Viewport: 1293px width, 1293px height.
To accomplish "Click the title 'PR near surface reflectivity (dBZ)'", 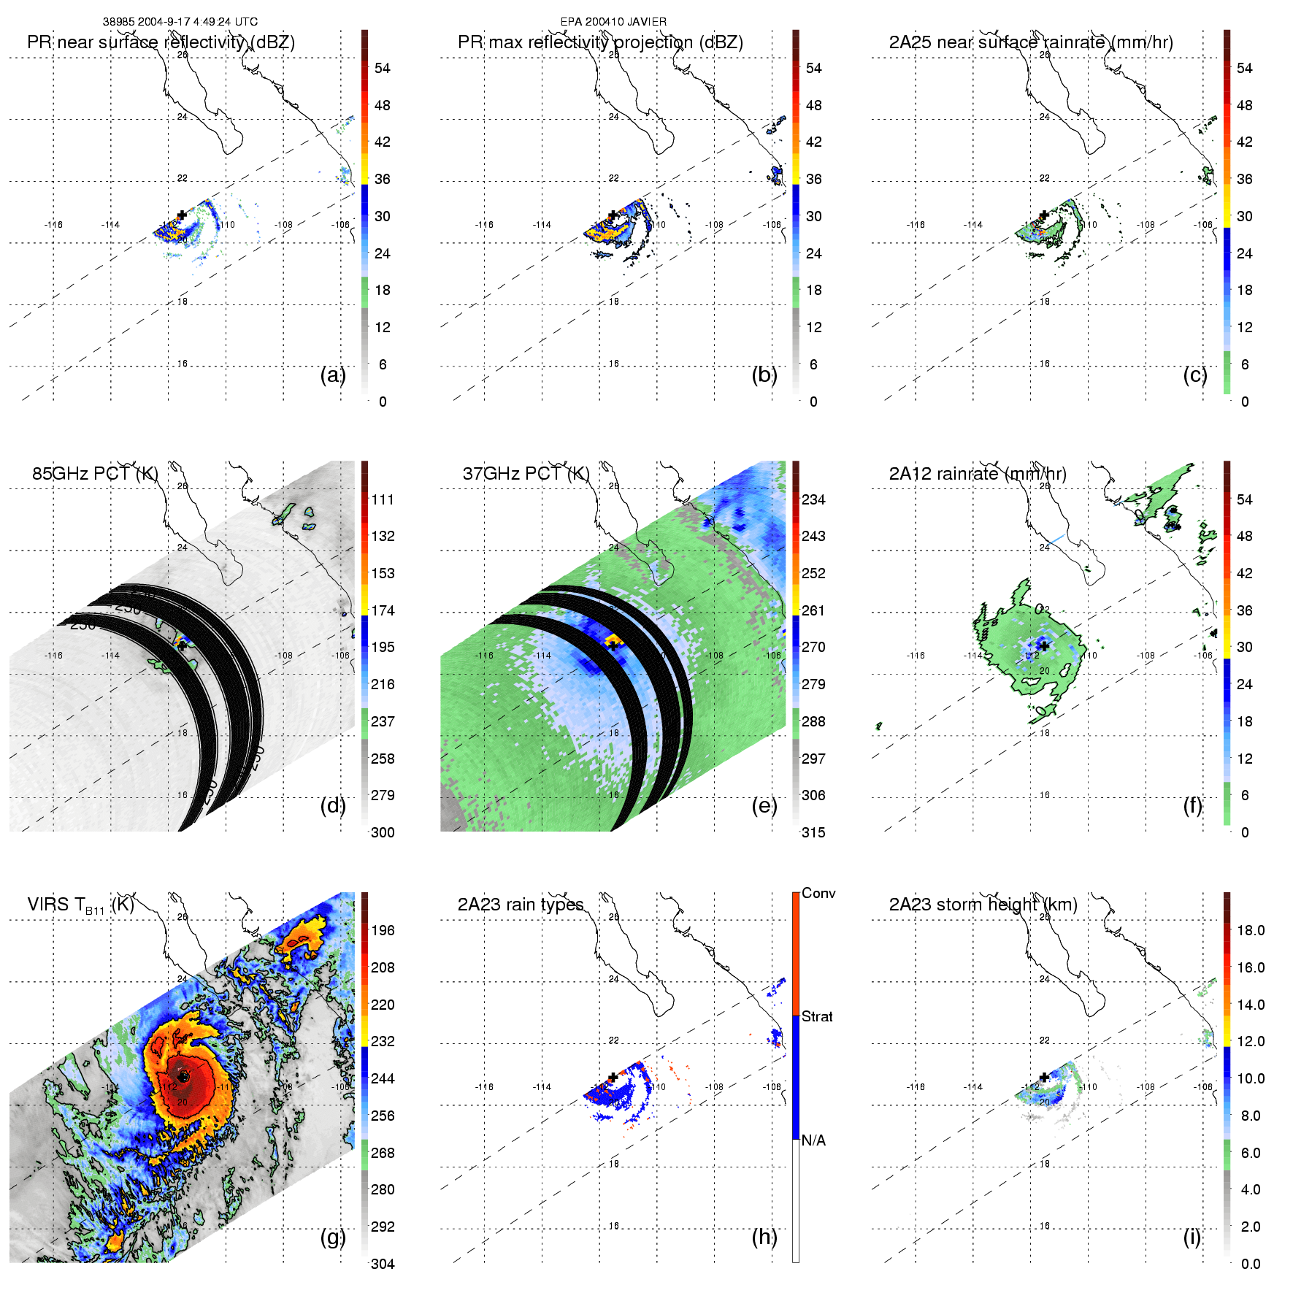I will (x=161, y=42).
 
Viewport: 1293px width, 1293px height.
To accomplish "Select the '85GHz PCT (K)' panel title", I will (x=95, y=474).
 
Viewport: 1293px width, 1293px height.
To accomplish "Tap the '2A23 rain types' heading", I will (x=521, y=905).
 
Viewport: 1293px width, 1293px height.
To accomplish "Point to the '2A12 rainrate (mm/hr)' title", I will (x=978, y=474).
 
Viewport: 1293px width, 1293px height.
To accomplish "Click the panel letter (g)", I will (x=333, y=1237).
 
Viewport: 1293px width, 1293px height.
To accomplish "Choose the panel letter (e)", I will (x=764, y=805).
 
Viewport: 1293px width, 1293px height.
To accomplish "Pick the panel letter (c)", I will (x=1195, y=375).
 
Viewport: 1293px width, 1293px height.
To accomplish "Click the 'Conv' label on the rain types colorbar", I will (x=818, y=894).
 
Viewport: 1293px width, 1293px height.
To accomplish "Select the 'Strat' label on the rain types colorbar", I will (x=817, y=1017).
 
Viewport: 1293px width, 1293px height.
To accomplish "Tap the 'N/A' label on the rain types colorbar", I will (x=813, y=1140).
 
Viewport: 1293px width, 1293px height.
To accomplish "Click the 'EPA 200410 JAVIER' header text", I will (x=613, y=22).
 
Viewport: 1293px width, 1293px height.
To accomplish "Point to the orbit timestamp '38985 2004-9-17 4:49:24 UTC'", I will (x=180, y=22).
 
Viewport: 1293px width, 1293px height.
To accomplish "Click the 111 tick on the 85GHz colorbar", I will (x=383, y=499).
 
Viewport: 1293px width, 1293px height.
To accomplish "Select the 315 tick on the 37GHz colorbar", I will (x=813, y=832).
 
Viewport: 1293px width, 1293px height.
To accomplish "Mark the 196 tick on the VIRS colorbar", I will (x=383, y=930).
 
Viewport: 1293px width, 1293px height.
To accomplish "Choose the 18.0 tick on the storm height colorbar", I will (x=1251, y=930).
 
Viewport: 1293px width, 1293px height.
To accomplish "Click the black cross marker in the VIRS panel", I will (x=183, y=1076).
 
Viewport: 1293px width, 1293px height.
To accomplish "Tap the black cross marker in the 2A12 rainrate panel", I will (x=1044, y=646).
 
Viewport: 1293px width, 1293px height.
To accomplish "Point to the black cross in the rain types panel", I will (x=613, y=1077).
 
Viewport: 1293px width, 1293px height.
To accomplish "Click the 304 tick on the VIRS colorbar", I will (x=383, y=1264).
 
